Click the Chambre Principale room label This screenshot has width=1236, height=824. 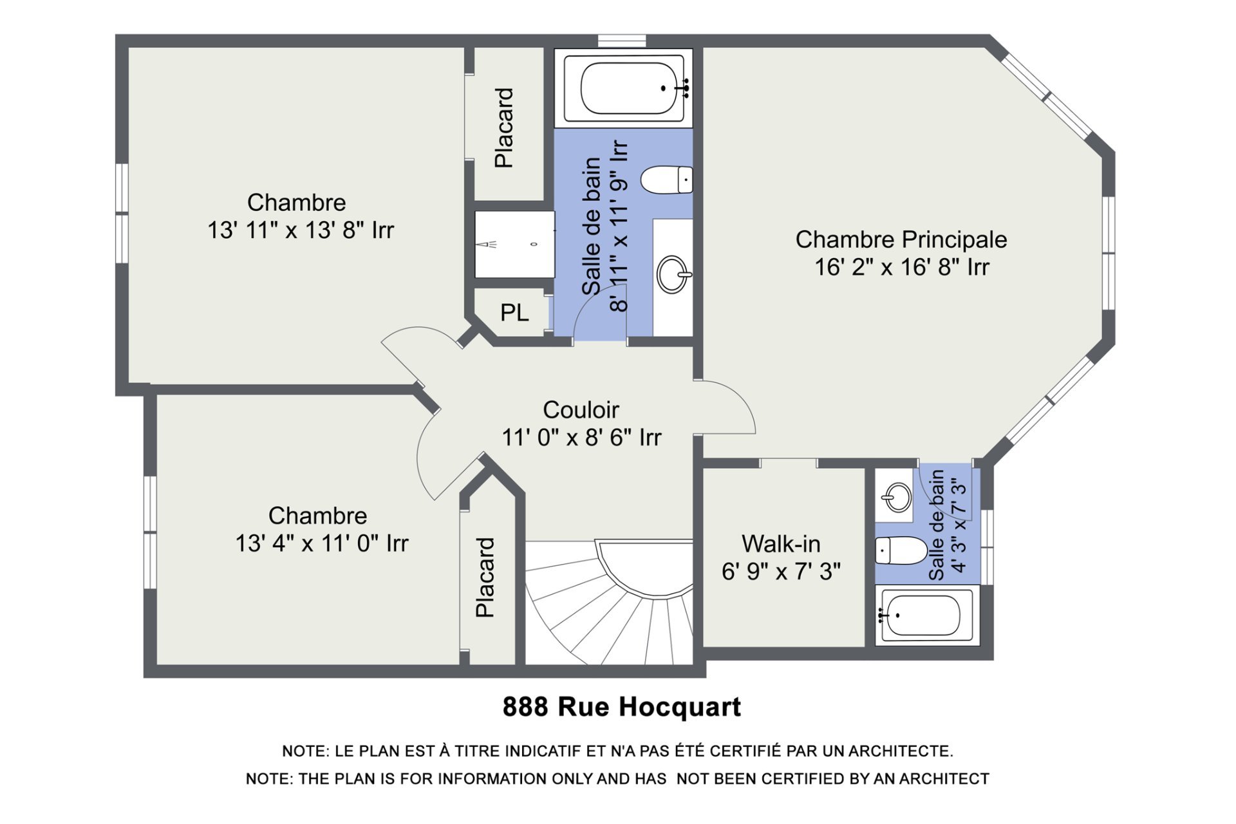(x=901, y=239)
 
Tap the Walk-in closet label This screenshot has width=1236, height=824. (x=781, y=544)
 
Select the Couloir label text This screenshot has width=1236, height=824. (x=581, y=410)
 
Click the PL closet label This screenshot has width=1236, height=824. (x=514, y=313)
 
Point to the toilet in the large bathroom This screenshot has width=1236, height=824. (x=666, y=179)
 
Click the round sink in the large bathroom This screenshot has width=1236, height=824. (x=673, y=274)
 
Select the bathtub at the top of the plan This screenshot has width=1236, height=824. (x=624, y=88)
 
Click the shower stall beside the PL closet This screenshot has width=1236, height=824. (x=514, y=245)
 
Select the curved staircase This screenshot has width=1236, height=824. (x=609, y=603)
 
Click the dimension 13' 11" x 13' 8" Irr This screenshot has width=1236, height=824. (x=301, y=230)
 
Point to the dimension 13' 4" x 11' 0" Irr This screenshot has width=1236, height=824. (x=322, y=543)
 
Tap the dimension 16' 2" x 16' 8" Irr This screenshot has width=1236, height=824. (x=902, y=267)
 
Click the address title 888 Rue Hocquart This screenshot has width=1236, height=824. (x=622, y=707)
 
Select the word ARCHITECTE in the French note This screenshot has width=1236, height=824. (x=901, y=751)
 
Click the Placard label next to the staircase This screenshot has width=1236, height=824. (x=485, y=577)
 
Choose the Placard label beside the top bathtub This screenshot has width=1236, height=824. (x=503, y=128)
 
